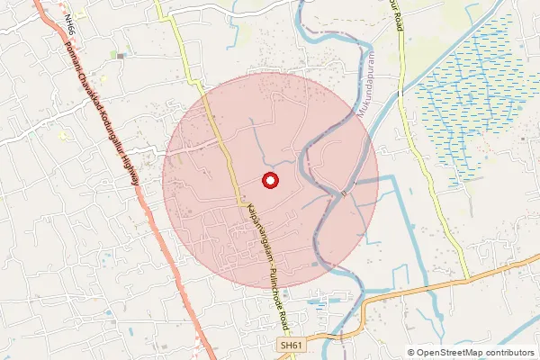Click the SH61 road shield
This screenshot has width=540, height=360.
point(287,346)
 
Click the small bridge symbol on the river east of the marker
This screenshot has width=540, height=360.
point(344,193)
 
